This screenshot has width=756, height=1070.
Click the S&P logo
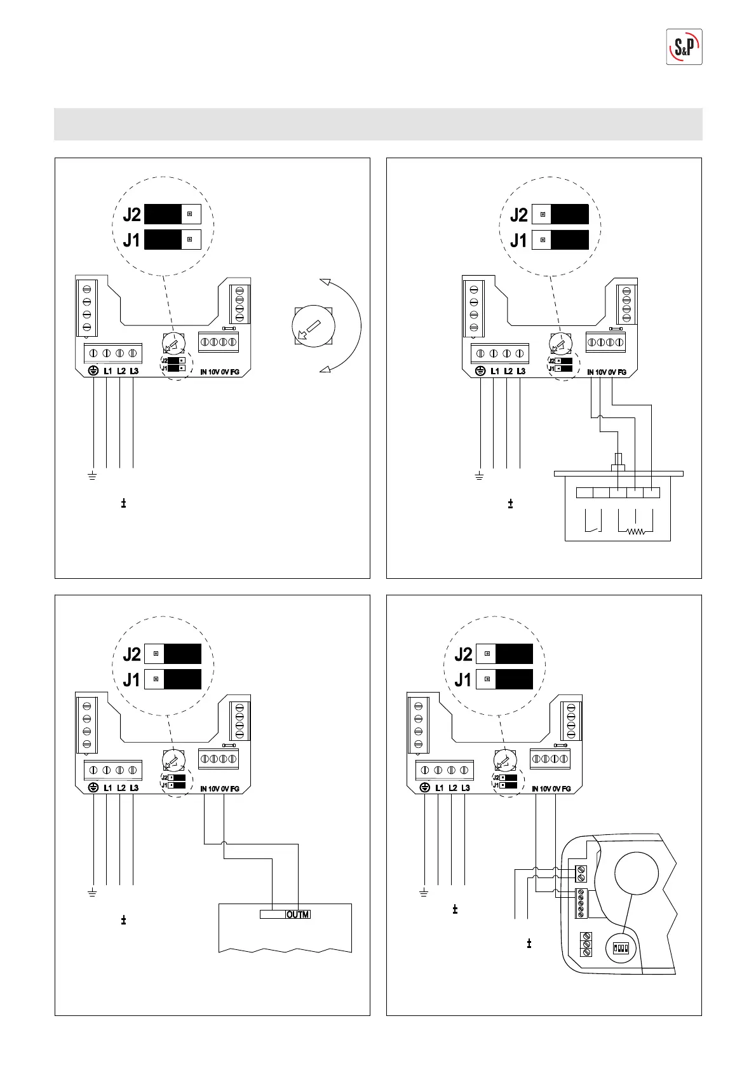(x=684, y=47)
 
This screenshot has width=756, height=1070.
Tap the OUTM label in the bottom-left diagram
(x=297, y=914)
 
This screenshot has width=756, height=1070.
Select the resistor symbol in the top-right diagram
(x=636, y=531)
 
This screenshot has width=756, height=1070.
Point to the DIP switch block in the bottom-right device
(x=620, y=949)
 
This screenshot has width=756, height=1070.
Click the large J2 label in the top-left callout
(x=132, y=215)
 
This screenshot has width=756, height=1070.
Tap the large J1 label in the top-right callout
(x=518, y=241)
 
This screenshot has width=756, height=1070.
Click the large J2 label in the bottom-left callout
(x=132, y=654)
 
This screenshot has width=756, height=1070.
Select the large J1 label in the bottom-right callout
(x=463, y=680)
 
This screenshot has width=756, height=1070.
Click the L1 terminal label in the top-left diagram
(x=107, y=371)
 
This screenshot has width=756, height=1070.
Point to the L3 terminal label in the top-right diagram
(x=521, y=371)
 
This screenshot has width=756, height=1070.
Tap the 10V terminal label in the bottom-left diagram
(x=214, y=789)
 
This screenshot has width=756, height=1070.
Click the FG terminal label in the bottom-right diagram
(x=566, y=789)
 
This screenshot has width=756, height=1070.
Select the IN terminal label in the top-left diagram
(x=203, y=372)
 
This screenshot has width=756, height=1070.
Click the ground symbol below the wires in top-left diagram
(x=93, y=476)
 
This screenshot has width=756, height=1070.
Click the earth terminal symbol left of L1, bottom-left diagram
(x=93, y=788)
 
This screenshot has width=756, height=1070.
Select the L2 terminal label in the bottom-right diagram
(x=452, y=788)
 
